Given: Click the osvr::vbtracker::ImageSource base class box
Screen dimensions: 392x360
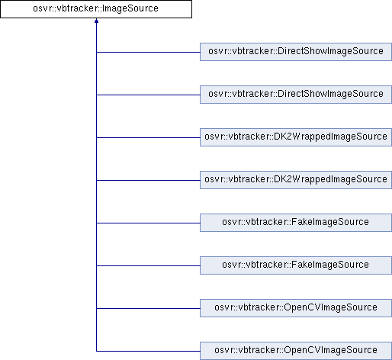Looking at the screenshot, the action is (x=96, y=9).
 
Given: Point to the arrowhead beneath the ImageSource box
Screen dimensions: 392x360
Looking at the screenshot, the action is (x=96, y=21).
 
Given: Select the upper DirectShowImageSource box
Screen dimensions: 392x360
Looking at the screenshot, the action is (x=296, y=52).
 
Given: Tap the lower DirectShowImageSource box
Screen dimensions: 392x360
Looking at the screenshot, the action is (x=296, y=95).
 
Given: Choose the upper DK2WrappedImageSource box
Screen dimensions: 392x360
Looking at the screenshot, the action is (x=296, y=137).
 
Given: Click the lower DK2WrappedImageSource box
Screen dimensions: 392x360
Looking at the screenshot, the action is (x=296, y=180).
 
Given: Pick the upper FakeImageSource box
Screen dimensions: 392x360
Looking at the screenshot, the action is (x=296, y=223).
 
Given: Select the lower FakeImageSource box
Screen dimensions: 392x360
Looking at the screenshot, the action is (x=296, y=265).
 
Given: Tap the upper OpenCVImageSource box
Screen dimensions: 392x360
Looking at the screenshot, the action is (x=296, y=308).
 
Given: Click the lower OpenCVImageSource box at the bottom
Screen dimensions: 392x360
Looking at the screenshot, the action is (x=296, y=351).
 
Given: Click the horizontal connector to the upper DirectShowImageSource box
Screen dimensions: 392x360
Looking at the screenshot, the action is (x=148, y=53).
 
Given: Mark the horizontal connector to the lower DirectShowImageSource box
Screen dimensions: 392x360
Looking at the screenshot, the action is (x=148, y=95).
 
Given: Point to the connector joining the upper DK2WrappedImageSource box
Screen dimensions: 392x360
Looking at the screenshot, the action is (x=148, y=138).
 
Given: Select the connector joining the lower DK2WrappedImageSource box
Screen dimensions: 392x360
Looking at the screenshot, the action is (x=148, y=181).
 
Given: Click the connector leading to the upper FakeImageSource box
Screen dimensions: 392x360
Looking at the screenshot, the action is (x=148, y=223).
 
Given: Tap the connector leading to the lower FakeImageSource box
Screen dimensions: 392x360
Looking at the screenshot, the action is (x=148, y=266).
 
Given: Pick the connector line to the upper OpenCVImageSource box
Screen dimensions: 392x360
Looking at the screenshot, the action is (x=148, y=309).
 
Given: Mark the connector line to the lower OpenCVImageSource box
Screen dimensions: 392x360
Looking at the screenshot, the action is (x=148, y=352).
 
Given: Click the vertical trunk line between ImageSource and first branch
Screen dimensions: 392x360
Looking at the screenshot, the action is (x=96, y=37).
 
